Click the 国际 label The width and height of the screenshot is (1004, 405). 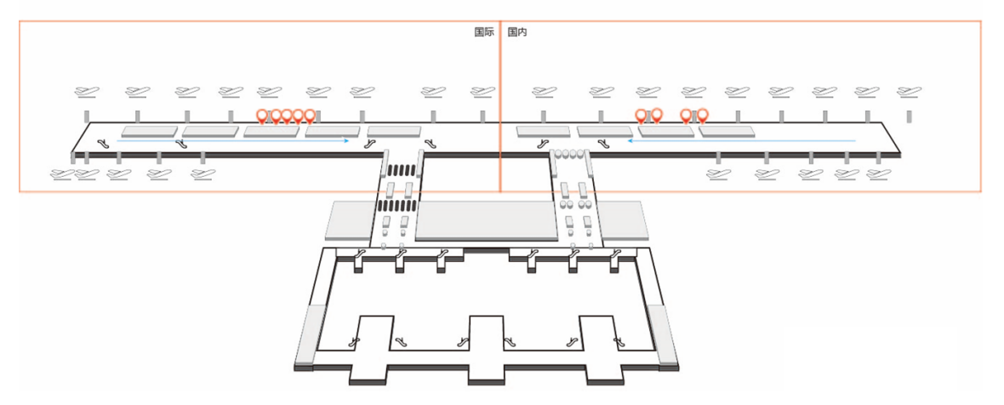click(483, 32)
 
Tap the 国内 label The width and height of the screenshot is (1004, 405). click(517, 32)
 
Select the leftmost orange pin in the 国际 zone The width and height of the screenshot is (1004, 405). click(262, 116)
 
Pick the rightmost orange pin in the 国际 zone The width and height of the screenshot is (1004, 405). click(310, 116)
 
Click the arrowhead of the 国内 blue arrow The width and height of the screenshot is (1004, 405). click(631, 141)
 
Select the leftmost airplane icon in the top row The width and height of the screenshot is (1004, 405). click(86, 91)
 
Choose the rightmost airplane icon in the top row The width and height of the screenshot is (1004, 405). click(910, 91)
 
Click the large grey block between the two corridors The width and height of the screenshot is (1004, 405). click(485, 220)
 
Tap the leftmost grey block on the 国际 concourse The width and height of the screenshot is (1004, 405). click(149, 131)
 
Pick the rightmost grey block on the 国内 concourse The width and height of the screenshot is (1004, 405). click(728, 131)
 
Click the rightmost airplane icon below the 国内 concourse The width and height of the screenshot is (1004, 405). click(878, 174)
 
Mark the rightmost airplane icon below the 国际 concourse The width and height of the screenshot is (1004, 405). click(202, 174)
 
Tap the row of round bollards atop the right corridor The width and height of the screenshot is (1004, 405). click(570, 154)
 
